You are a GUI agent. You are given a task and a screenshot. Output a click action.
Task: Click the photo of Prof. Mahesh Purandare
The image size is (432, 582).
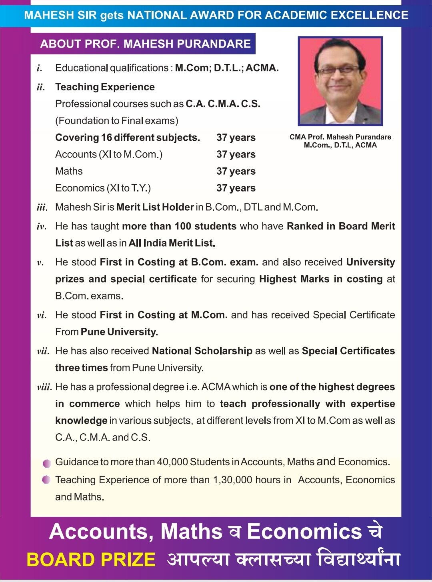pos(340,81)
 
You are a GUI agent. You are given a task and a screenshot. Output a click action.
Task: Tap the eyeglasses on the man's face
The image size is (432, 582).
pos(338,70)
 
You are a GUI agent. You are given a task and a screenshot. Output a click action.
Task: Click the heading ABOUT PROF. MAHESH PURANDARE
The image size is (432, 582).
pos(145,44)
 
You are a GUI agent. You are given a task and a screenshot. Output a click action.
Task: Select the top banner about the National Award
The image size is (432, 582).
pos(216,15)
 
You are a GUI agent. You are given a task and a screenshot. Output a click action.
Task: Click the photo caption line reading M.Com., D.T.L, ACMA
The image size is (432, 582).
pos(340,145)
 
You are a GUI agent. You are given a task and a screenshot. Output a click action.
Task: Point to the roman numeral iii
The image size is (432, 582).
pos(42,207)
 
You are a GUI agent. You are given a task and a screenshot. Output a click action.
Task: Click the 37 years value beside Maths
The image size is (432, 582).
pos(236,171)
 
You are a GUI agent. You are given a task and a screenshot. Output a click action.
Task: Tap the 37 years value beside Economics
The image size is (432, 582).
pos(236,188)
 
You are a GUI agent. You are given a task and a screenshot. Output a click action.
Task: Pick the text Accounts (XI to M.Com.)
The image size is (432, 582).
pos(109,154)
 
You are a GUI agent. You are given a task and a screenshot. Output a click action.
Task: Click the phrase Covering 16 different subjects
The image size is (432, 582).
pos(128,138)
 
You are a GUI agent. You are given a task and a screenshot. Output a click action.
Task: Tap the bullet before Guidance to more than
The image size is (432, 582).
pos(47,463)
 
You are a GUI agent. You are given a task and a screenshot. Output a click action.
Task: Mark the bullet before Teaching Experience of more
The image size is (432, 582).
pos(46,479)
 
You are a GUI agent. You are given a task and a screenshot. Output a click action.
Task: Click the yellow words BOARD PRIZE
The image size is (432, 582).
pos(91,560)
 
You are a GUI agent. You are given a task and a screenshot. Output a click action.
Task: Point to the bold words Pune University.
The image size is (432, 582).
pos(119,332)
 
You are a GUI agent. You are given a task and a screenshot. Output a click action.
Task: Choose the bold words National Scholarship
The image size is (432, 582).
pos(202,351)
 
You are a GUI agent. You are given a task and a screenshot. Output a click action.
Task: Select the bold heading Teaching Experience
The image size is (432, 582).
pos(105,87)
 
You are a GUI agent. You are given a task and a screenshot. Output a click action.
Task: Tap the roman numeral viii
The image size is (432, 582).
pos(44,387)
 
